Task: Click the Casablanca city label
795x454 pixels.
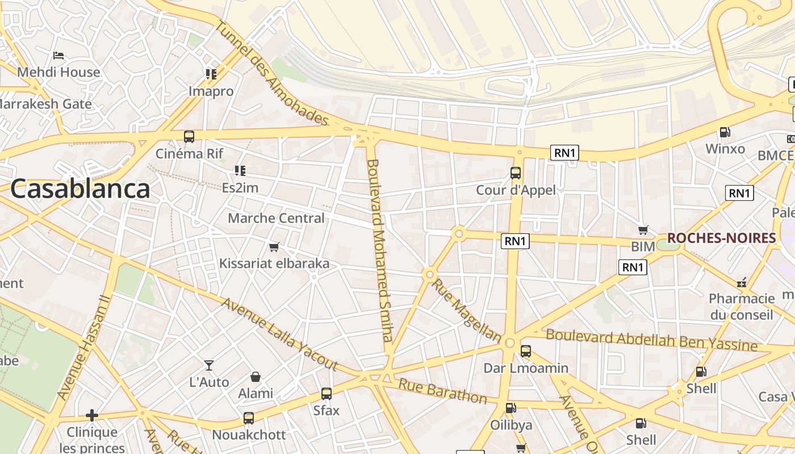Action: coord(80,189)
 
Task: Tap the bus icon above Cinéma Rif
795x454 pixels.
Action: coord(189,137)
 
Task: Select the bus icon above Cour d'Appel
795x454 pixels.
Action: coord(516,173)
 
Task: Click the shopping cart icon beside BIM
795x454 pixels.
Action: coord(643,230)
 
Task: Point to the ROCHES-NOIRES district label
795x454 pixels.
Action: coord(721,238)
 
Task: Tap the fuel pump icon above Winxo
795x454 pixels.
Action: coord(725,132)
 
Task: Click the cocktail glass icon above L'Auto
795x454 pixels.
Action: coord(209,365)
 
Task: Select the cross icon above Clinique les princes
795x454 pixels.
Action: coord(92,415)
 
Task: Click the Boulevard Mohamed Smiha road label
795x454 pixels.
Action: coord(380,250)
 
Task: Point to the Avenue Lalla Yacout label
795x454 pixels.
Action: coord(279,334)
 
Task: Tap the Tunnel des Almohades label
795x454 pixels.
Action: coord(271,73)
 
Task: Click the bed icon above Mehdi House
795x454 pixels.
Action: coord(58,56)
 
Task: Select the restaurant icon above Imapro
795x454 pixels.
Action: coord(211,74)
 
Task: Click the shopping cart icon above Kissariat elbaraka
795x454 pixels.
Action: coord(274,247)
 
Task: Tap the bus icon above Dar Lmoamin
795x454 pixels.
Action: coord(526,351)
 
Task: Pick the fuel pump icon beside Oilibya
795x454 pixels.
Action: coord(511,407)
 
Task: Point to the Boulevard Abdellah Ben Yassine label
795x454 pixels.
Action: coord(651,340)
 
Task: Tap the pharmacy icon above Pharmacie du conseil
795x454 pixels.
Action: coord(742,282)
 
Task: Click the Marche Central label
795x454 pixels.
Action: coord(276,218)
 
